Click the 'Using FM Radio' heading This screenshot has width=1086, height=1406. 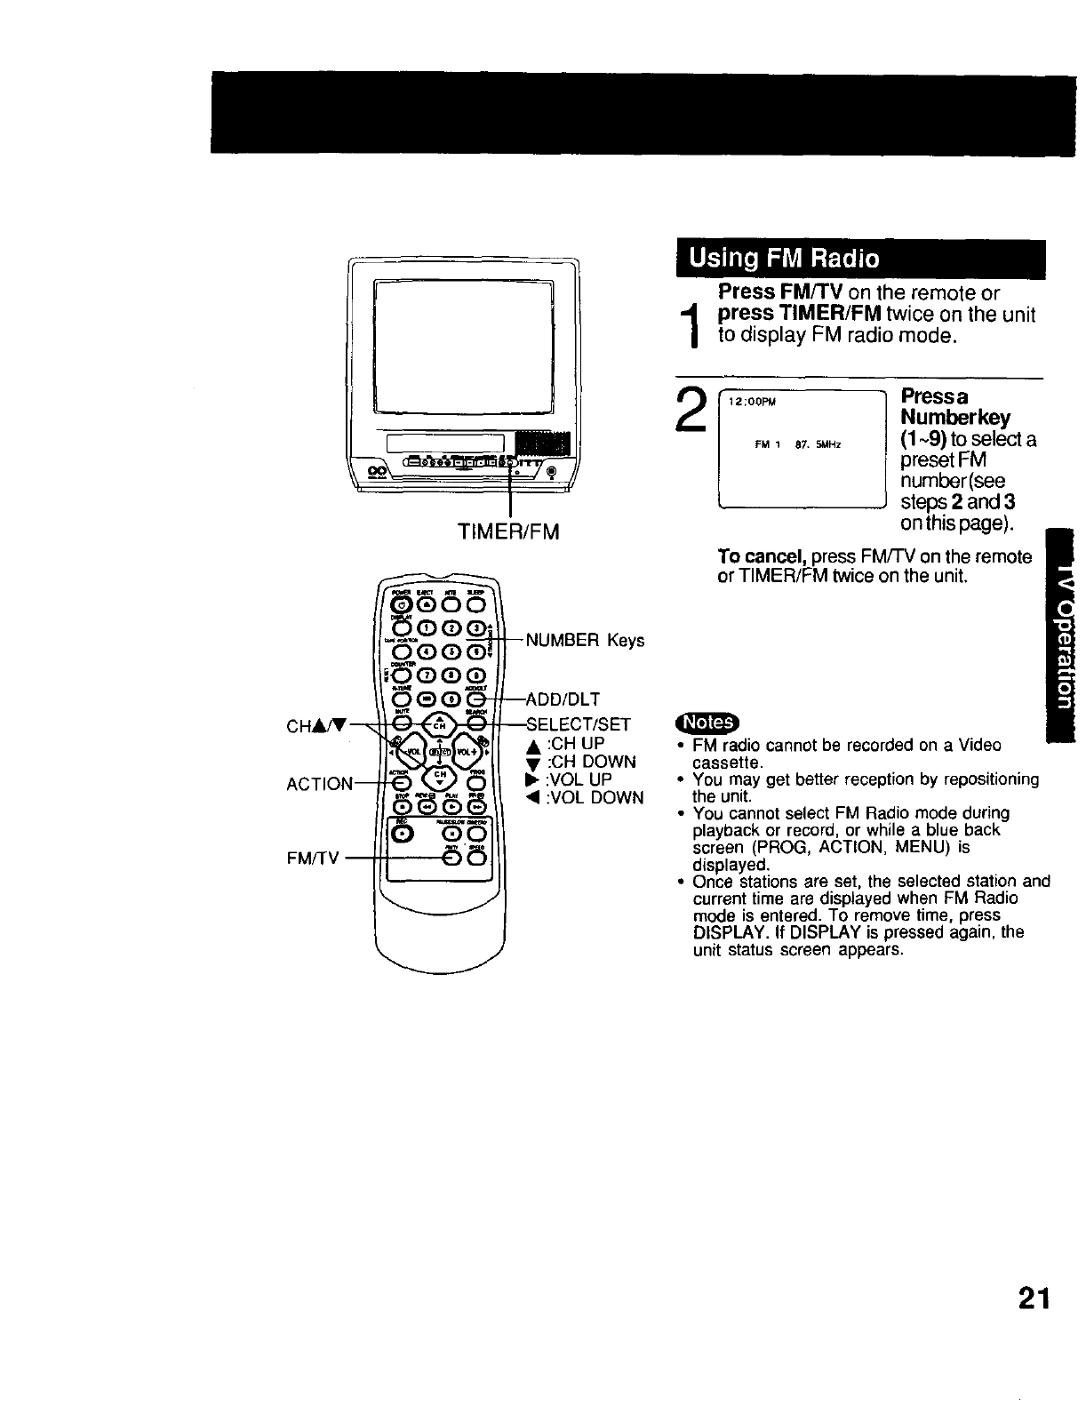point(785,259)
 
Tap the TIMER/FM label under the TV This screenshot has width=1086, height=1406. point(508,532)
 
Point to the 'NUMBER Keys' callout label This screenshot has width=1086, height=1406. point(585,640)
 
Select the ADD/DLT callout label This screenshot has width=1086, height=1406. point(563,699)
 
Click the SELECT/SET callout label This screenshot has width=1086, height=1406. point(579,724)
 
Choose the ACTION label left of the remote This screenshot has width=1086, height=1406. point(320,784)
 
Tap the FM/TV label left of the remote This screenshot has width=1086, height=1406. point(314,859)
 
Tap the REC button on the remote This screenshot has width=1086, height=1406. point(404,834)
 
